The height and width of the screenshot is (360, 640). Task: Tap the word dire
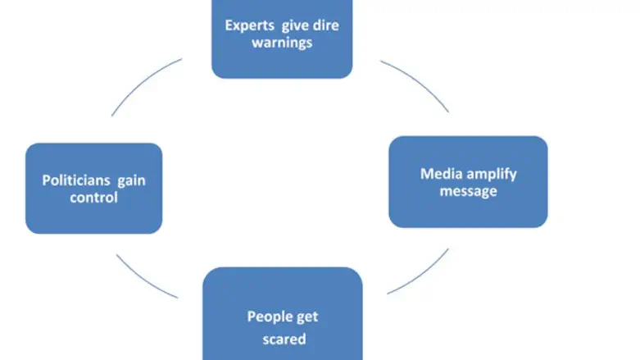click(x=325, y=25)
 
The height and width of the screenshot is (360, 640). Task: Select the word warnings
click(x=282, y=42)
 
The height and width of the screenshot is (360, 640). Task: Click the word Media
click(x=440, y=173)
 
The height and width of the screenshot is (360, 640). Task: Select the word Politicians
click(x=75, y=180)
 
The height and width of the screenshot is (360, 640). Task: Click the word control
click(x=94, y=198)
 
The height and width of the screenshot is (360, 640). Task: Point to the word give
click(x=296, y=25)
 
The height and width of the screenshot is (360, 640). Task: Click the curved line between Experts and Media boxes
click(x=418, y=83)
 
